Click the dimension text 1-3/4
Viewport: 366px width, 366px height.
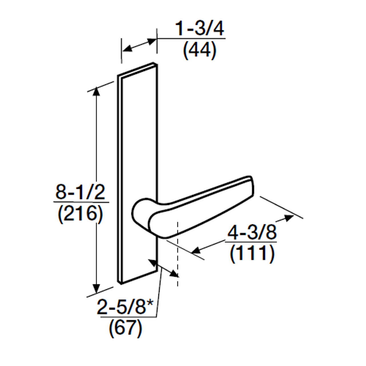(x=199, y=29)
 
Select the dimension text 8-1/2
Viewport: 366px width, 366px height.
(x=80, y=192)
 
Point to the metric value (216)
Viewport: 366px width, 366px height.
(x=80, y=214)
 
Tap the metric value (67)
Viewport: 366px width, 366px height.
(x=125, y=328)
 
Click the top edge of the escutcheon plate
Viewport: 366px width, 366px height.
(x=137, y=69)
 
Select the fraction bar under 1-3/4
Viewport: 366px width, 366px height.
(x=191, y=38)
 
